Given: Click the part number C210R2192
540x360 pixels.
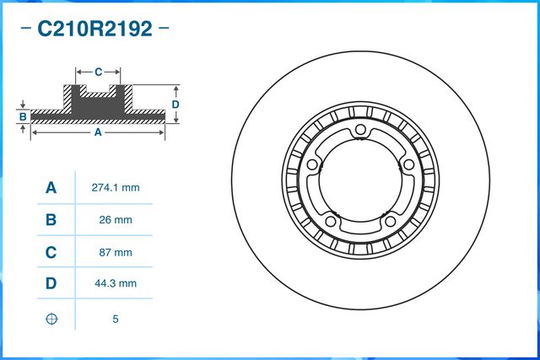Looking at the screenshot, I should point(94,30).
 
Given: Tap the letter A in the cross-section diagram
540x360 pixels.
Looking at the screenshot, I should point(98,133).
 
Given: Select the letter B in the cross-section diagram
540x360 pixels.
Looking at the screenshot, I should point(24,116).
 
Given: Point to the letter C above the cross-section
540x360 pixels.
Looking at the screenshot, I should point(98,72).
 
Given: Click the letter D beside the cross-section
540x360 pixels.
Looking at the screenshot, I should point(175,104).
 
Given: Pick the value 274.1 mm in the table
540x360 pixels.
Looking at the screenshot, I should point(114,188).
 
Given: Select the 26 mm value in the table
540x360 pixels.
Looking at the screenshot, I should point(114,220).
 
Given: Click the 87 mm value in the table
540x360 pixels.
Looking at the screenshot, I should point(114,252).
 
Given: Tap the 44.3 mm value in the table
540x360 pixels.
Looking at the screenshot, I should point(114,284).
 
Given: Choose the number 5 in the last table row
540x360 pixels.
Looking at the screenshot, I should point(114,319).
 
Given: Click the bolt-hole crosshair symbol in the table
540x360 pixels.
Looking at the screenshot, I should point(51,319).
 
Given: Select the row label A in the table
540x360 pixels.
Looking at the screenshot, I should point(51,188).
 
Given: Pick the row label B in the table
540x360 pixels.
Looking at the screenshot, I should point(51,220).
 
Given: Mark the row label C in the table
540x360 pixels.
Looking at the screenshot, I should point(51,252).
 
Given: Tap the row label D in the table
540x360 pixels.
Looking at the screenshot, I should point(51,284).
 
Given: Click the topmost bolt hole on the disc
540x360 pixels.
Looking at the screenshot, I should point(360,129).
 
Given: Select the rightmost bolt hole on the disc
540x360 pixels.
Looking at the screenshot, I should point(408,164).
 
